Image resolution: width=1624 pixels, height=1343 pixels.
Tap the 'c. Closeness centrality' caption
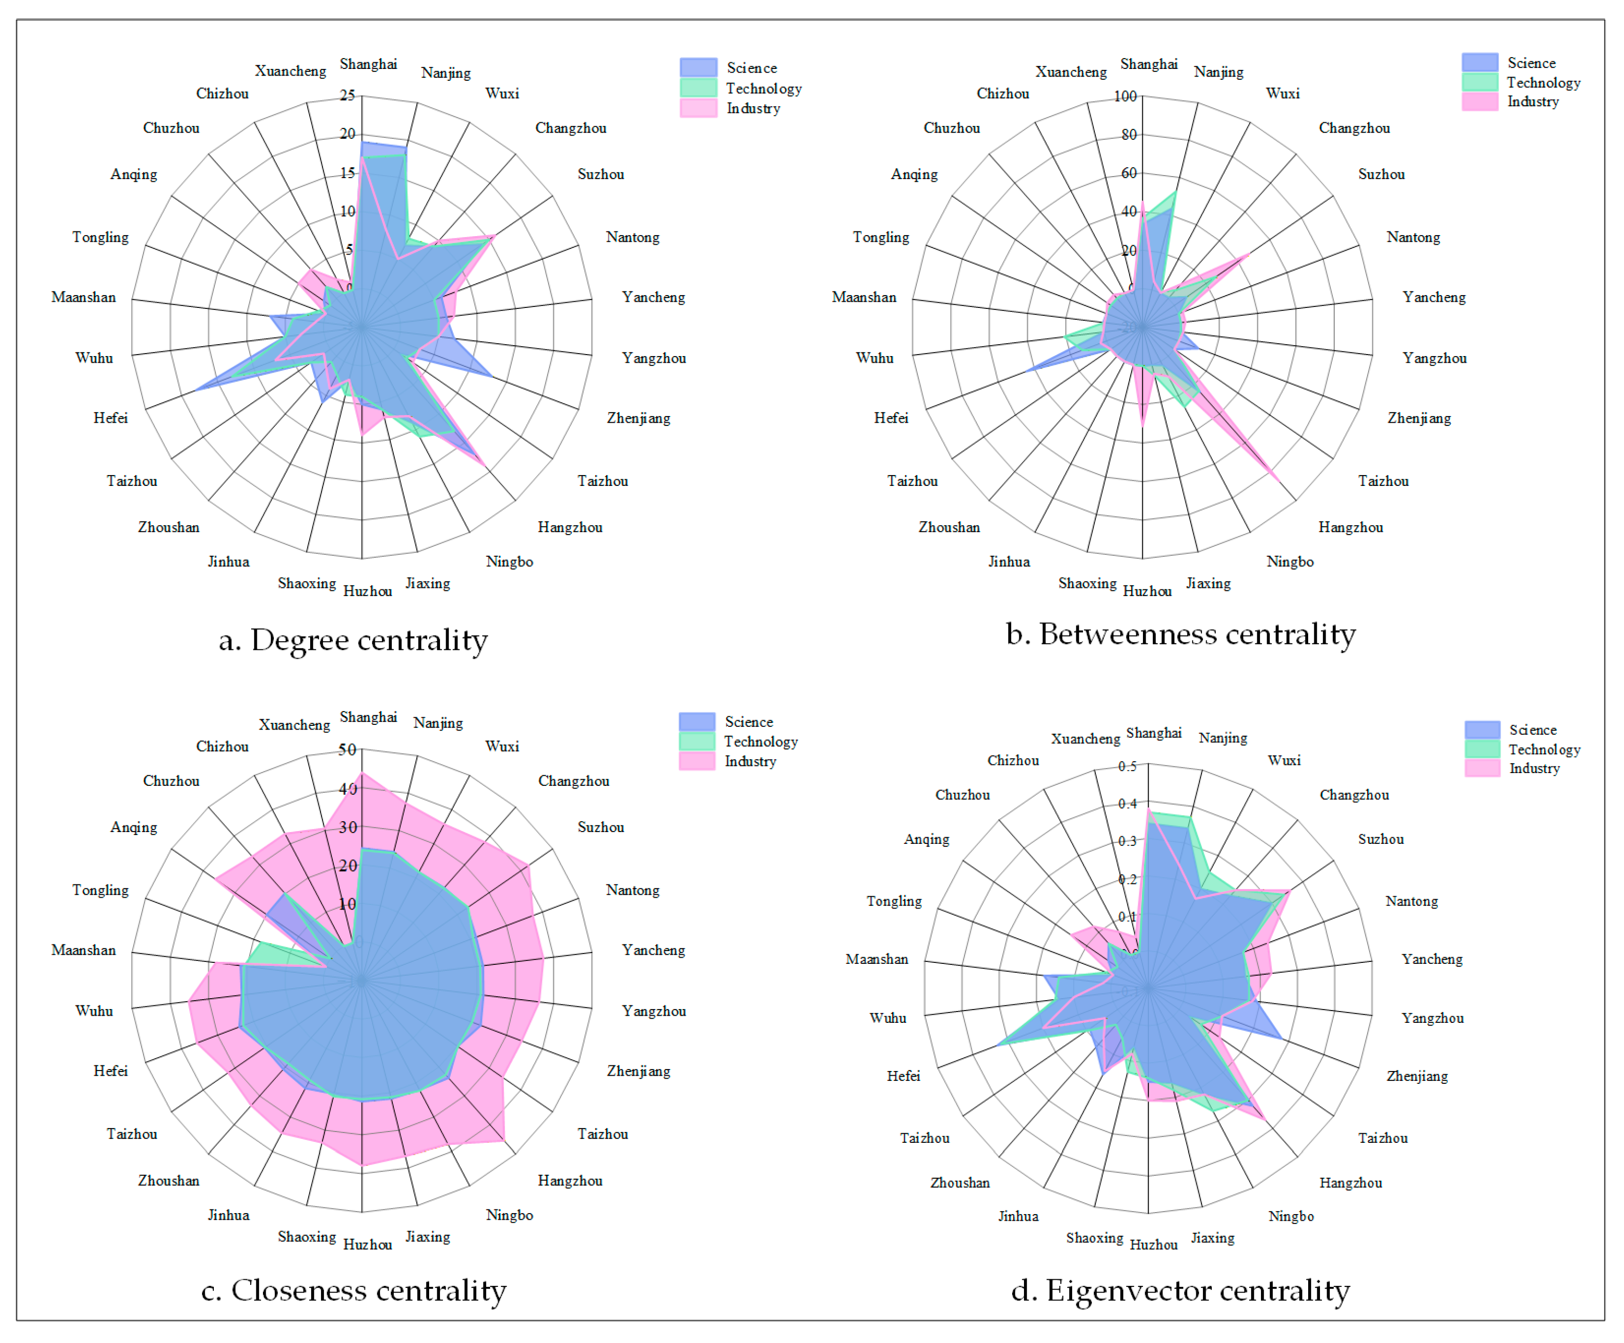[x=354, y=1291]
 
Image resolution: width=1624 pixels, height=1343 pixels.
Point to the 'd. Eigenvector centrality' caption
[x=1180, y=1291]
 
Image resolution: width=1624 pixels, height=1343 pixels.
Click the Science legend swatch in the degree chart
[x=698, y=68]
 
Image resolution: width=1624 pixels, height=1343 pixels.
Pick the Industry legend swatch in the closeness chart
[x=697, y=761]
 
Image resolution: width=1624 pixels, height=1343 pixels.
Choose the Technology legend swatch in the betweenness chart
[x=1480, y=82]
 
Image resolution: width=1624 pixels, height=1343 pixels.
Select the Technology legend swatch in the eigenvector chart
[x=1482, y=749]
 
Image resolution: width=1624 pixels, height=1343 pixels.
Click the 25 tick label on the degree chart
[x=347, y=95]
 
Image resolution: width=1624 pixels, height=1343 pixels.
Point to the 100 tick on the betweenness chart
[x=1125, y=96]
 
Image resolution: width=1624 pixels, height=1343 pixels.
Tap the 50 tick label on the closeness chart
[x=347, y=749]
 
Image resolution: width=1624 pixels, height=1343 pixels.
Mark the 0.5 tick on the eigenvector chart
[x=1127, y=767]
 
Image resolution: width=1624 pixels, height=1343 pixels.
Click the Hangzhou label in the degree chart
[x=570, y=527]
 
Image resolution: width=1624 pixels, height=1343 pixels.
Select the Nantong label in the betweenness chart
[x=1413, y=238]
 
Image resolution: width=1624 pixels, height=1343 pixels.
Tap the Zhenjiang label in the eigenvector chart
[x=1417, y=1076]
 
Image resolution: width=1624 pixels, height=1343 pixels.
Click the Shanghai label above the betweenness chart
[x=1149, y=64]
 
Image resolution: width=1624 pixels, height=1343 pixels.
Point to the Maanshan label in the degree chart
[x=84, y=297]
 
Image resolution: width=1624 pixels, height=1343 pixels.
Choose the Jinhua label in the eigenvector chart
[x=1018, y=1216]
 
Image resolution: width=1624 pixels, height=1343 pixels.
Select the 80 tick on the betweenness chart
[x=1129, y=135]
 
